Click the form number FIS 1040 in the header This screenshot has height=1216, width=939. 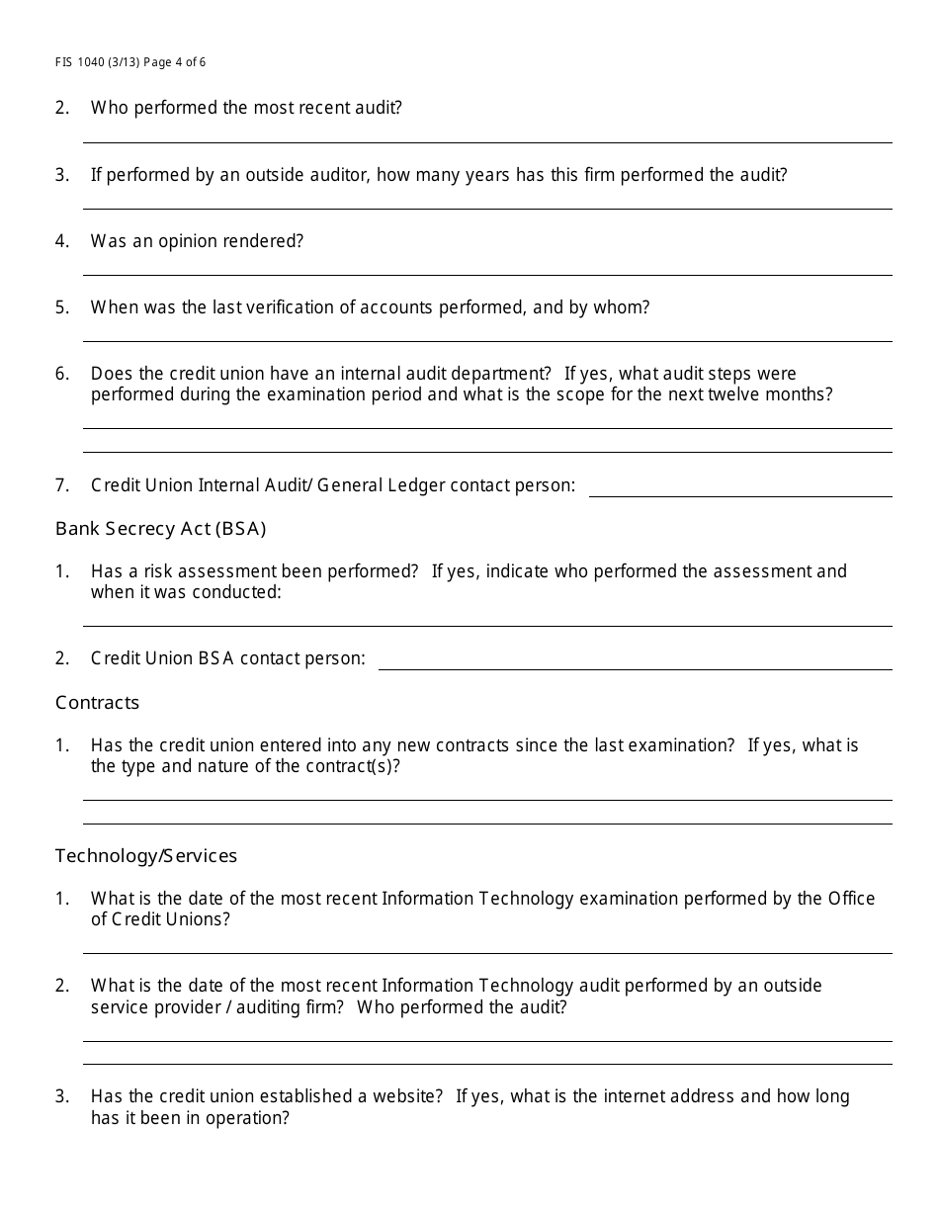click(x=83, y=62)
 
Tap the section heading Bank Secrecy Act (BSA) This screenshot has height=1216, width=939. click(x=160, y=529)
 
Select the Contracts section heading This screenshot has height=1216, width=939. click(x=97, y=703)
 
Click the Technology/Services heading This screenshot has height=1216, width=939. click(x=146, y=856)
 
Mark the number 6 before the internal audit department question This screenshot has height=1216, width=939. click(x=62, y=374)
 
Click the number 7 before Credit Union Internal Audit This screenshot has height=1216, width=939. click(x=62, y=485)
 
